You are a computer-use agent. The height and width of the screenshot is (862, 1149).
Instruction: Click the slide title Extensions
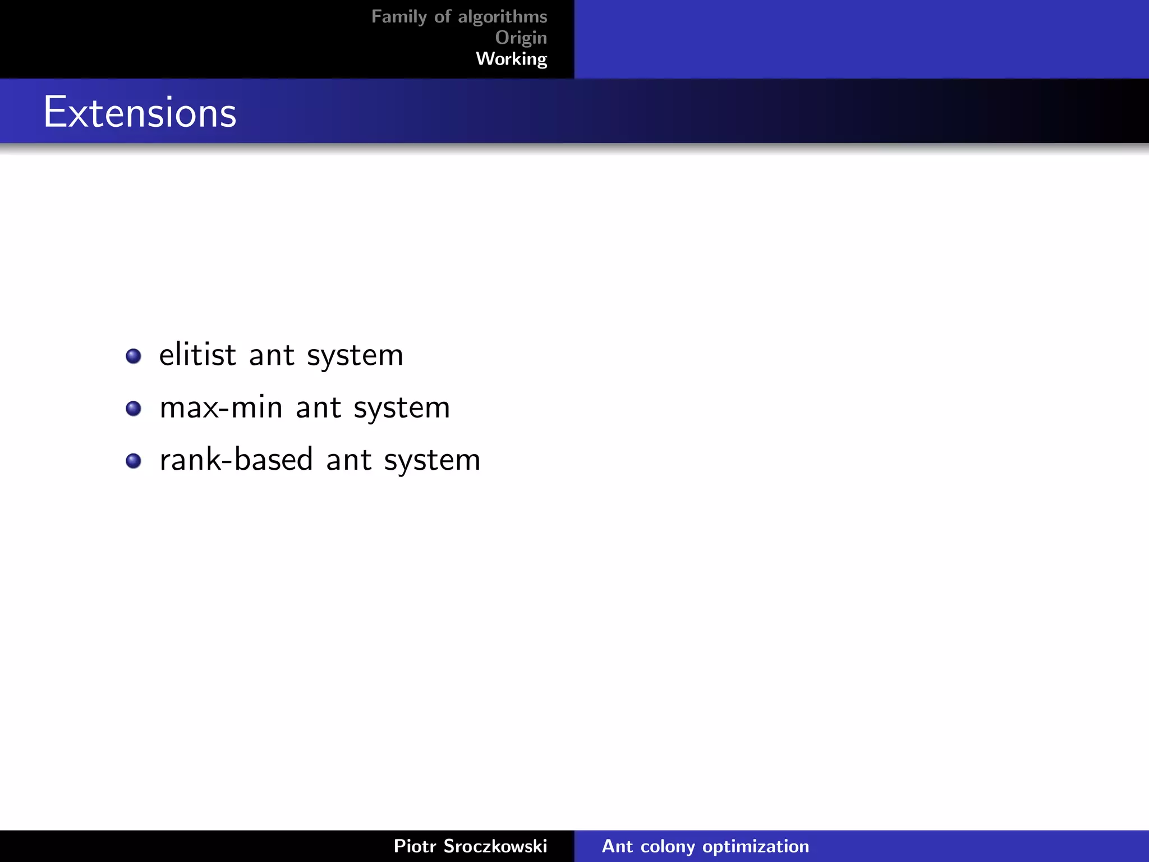click(x=140, y=112)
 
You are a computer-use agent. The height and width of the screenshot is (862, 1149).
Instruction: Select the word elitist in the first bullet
click(x=197, y=355)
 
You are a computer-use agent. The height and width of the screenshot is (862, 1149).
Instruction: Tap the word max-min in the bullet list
click(x=220, y=407)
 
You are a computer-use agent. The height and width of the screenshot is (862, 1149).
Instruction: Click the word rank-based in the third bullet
click(x=236, y=460)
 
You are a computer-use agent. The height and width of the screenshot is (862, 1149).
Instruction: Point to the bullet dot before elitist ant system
click(x=134, y=356)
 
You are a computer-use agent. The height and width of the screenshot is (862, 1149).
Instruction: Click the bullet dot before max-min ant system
click(x=134, y=408)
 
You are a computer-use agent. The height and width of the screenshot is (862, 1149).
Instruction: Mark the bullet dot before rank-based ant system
click(x=134, y=461)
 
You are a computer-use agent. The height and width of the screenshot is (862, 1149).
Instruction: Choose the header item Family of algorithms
click(x=459, y=17)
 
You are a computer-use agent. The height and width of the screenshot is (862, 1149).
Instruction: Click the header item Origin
click(x=521, y=38)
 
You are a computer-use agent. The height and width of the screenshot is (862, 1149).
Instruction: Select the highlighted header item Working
click(x=511, y=59)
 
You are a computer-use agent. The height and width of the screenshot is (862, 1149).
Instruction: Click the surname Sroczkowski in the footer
click(x=495, y=846)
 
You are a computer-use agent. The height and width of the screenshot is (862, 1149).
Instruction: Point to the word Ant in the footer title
click(x=617, y=846)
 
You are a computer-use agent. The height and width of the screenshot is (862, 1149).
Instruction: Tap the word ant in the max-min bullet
click(x=318, y=408)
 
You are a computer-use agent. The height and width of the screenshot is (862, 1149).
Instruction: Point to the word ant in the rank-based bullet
click(x=348, y=461)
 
